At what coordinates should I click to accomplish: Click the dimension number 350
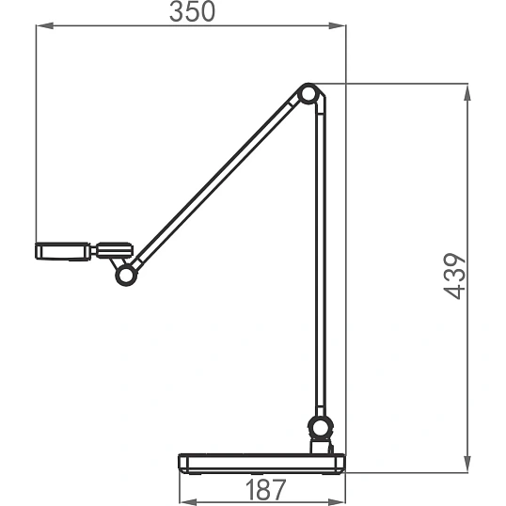coord(192,11)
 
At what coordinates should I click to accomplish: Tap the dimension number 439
coord(454,277)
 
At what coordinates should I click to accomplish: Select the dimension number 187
coord(265,489)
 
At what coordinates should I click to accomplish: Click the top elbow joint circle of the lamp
coord(308,94)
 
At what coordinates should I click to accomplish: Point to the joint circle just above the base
coord(321,427)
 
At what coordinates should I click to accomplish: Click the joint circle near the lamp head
coord(126,275)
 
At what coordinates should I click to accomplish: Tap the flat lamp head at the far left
coord(63,251)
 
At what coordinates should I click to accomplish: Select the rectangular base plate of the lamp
coord(261,464)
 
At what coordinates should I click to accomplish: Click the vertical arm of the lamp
coord(320,258)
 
